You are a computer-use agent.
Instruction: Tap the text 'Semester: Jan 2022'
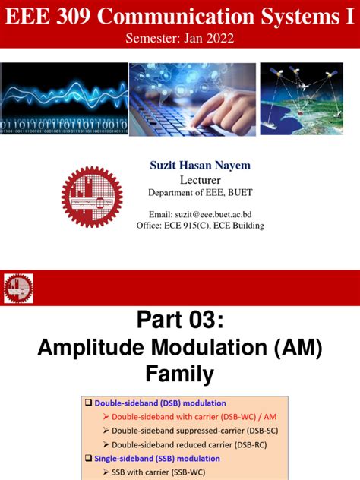click(x=179, y=39)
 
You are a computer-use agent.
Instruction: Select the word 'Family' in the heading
click(x=180, y=374)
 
